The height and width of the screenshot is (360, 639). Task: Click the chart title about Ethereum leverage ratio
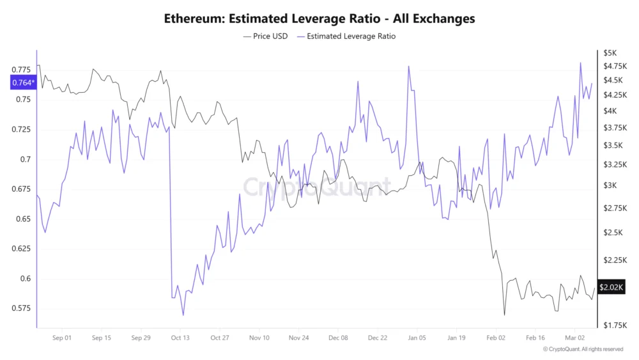click(x=319, y=19)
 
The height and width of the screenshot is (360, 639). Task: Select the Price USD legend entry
click(x=265, y=36)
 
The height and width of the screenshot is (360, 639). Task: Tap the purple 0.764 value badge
click(x=23, y=82)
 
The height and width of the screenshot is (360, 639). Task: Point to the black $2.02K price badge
click(x=611, y=287)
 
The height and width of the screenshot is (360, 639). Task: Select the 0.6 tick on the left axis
click(x=24, y=279)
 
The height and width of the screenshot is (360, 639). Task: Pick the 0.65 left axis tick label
click(x=22, y=219)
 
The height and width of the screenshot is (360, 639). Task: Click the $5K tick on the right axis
click(x=610, y=52)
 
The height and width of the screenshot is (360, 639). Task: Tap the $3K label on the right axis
click(x=610, y=185)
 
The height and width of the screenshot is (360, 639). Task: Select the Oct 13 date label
click(x=180, y=338)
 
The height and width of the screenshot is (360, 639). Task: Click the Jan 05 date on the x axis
click(x=417, y=338)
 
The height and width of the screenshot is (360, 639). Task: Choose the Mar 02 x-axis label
click(x=575, y=338)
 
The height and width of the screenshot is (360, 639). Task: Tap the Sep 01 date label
click(x=61, y=338)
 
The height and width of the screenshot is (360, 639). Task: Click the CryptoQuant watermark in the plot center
click(x=317, y=187)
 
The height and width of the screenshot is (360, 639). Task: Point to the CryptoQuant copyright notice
click(x=583, y=349)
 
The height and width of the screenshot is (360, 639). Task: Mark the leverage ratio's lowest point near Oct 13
click(x=183, y=315)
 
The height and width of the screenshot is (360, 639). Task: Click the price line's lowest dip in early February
click(x=504, y=315)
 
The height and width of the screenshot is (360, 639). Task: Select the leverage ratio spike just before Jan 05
click(x=408, y=66)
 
